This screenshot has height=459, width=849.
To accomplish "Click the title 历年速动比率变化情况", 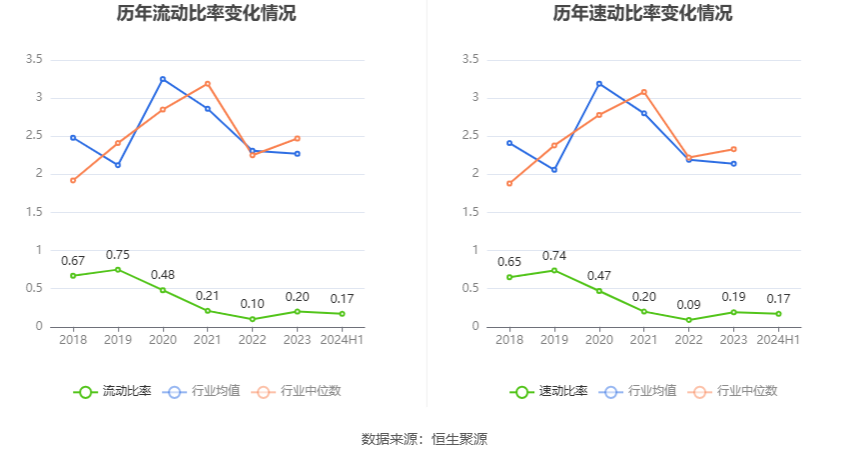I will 642,14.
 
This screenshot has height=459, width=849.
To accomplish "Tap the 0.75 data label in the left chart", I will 118,254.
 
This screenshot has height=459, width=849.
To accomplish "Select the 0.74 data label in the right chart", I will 554,255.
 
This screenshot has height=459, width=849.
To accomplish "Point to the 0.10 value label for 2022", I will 253,304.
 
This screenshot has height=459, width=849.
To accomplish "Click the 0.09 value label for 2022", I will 689,305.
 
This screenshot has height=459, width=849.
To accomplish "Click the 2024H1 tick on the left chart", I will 343,340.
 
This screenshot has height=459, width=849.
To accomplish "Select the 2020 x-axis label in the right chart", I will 599,340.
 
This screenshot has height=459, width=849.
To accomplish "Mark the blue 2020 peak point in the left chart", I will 163,79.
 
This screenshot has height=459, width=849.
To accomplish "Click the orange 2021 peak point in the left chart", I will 208,83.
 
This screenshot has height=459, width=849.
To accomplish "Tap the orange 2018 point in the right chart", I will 509,183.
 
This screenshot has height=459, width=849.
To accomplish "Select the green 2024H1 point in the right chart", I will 779,314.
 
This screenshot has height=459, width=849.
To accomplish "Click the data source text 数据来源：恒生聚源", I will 424,439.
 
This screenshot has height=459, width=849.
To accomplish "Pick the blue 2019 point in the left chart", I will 118,165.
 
